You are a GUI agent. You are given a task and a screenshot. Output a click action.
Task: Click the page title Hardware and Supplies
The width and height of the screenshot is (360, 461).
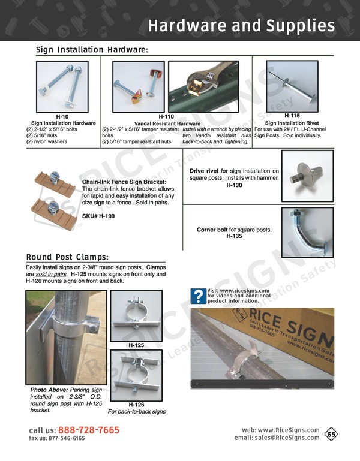click(241, 25)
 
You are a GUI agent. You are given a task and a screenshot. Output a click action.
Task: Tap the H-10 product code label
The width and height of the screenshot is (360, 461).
click(62, 116)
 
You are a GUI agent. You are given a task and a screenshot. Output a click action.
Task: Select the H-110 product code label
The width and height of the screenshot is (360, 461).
click(166, 116)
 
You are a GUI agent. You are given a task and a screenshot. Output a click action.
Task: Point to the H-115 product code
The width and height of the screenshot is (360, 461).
click(292, 116)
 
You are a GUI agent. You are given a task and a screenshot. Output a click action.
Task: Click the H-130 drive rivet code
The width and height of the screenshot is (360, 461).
click(234, 186)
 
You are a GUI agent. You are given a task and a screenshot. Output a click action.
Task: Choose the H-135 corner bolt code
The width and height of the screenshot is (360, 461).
click(234, 237)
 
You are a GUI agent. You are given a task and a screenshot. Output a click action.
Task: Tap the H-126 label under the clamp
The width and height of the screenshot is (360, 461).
click(136, 405)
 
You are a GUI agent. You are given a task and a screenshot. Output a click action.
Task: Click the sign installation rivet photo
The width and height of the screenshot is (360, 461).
click(293, 84)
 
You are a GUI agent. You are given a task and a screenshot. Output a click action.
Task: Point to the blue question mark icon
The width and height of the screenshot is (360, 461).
click(198, 296)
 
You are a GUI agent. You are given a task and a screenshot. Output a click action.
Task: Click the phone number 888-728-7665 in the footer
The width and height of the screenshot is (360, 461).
click(89, 430)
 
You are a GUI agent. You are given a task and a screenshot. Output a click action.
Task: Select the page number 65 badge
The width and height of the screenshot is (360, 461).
click(331, 433)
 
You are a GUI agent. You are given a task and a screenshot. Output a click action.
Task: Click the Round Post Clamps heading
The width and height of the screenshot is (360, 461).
click(67, 257)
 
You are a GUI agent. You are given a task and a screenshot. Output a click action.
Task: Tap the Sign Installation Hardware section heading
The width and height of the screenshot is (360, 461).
click(92, 50)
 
